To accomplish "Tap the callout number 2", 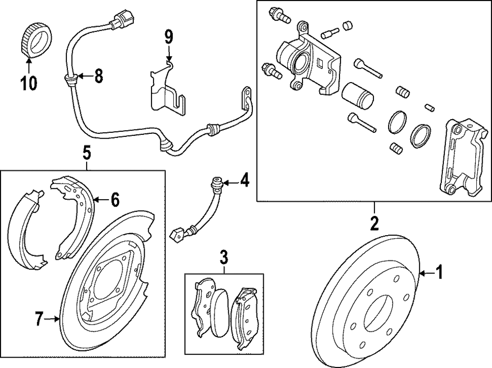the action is coord(374,223).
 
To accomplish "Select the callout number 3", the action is coord(224,258).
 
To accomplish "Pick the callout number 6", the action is coord(115,200).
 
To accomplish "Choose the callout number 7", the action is coord(38,319).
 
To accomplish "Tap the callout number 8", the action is coord(98,76).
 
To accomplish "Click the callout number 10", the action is coord(29,83).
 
